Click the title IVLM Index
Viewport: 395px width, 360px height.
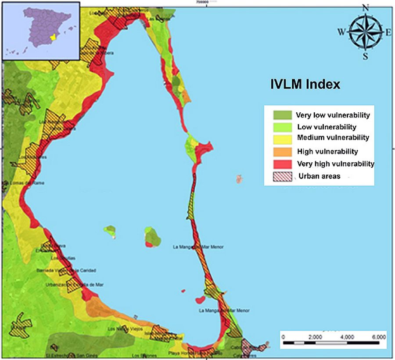pyautogui.click(x=305, y=84)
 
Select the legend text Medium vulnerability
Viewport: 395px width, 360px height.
pyautogui.click(x=333, y=138)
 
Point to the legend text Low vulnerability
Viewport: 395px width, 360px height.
pyautogui.click(x=327, y=127)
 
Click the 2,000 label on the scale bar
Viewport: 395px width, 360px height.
pyautogui.click(x=315, y=337)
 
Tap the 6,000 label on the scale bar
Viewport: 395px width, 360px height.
pyautogui.click(x=378, y=337)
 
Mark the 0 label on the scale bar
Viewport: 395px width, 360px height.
pyautogui.click(x=284, y=337)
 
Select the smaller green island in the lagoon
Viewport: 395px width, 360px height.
pyautogui.click(x=110, y=230)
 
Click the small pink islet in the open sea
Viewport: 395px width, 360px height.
pyautogui.click(x=240, y=178)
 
